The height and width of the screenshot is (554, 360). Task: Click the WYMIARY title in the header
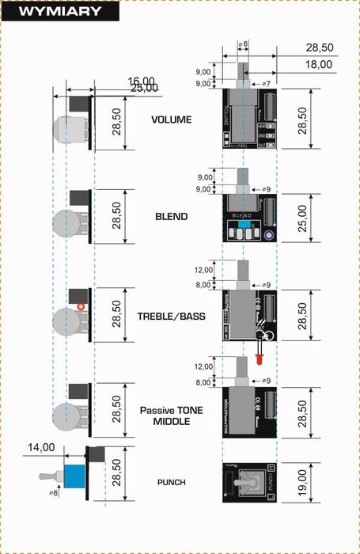(x=59, y=11)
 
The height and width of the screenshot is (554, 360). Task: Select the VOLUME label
(x=172, y=120)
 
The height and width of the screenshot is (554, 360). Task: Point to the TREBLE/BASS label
(x=171, y=317)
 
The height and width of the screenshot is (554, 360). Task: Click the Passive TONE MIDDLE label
(x=171, y=415)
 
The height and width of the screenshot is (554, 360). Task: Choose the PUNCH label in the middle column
(x=171, y=481)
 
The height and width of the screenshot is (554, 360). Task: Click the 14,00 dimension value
(x=39, y=447)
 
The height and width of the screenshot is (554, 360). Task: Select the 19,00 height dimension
(x=300, y=482)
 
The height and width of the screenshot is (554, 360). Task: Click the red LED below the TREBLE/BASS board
(x=258, y=360)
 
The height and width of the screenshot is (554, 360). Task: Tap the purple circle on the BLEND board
(x=269, y=235)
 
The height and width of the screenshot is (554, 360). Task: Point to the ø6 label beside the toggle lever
(x=53, y=493)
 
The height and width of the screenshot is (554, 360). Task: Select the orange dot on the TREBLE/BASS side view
(x=80, y=305)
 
